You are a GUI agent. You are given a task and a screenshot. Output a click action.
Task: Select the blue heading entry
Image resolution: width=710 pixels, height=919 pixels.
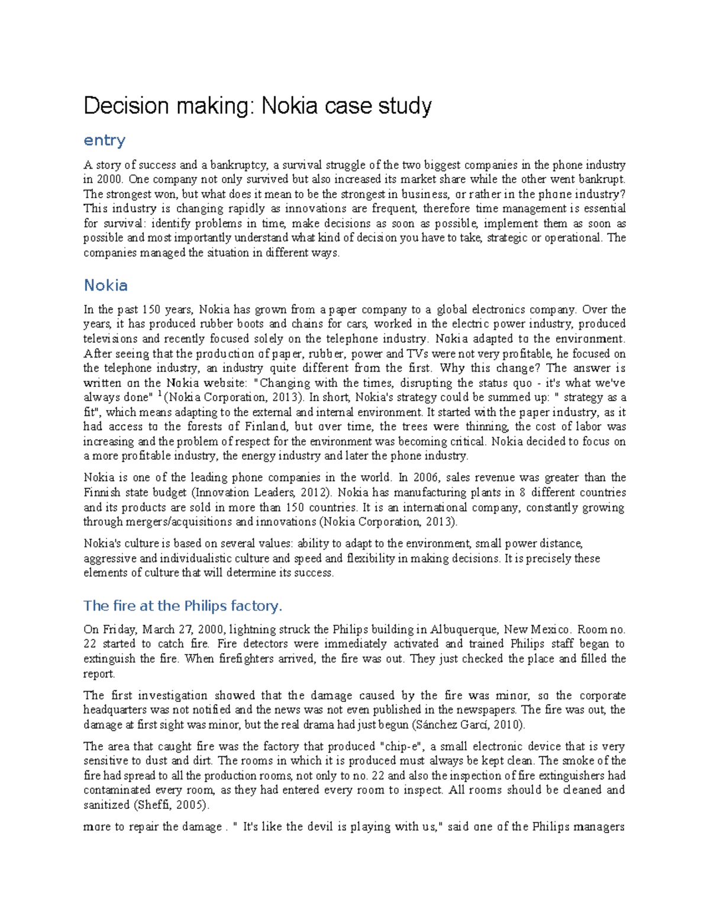tap(105, 141)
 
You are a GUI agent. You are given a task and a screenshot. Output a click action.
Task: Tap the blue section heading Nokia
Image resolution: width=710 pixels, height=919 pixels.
tap(106, 285)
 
